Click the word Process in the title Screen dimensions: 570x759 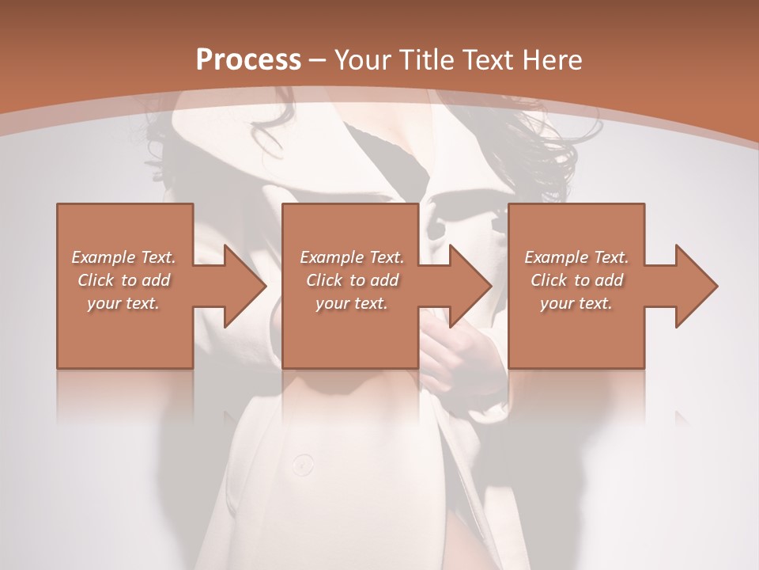[248, 59]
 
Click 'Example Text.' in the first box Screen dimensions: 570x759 [123, 257]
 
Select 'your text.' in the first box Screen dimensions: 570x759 [123, 303]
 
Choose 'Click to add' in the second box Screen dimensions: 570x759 [352, 280]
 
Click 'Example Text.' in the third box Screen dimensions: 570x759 [576, 257]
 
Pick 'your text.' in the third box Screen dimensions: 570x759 [576, 303]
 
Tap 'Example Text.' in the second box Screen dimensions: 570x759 [352, 257]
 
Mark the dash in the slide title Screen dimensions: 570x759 [318, 60]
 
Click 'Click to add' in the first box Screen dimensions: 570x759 [123, 280]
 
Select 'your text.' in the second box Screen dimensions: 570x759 [352, 303]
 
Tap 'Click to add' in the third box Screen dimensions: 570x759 [576, 280]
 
